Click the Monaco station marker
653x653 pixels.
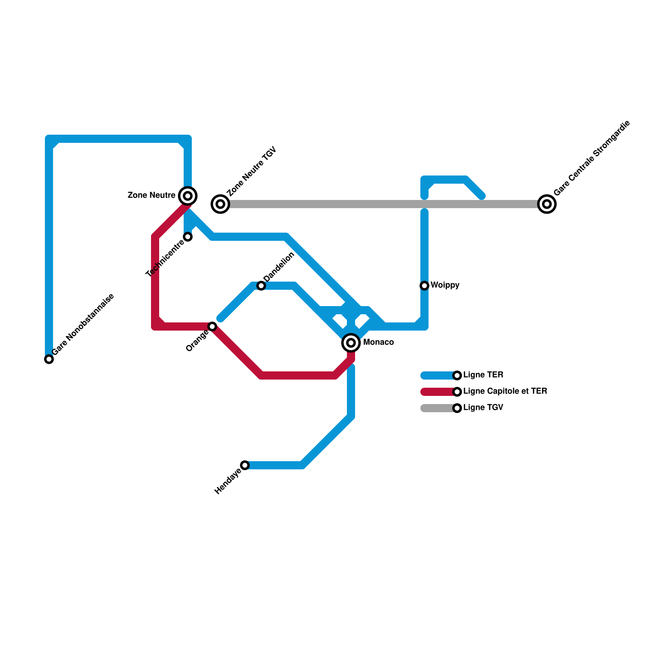tap(351, 343)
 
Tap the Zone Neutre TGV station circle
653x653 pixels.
tap(220, 204)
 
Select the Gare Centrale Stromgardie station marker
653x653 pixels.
tap(547, 204)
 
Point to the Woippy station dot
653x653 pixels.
tap(424, 286)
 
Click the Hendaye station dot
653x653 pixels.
tap(245, 465)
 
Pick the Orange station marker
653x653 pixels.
tap(212, 326)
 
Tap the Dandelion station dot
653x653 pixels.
tap(261, 286)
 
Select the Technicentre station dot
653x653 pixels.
tap(188, 237)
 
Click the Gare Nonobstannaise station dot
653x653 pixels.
tap(49, 359)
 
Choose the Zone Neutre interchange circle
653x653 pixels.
tap(188, 196)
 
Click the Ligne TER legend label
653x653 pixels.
tap(483, 375)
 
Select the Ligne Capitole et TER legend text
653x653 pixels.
tap(505, 391)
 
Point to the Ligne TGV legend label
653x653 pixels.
tap(483, 408)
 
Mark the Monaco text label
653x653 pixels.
tap(378, 342)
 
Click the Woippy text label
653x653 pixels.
tap(445, 285)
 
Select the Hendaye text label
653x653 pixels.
tap(228, 482)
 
